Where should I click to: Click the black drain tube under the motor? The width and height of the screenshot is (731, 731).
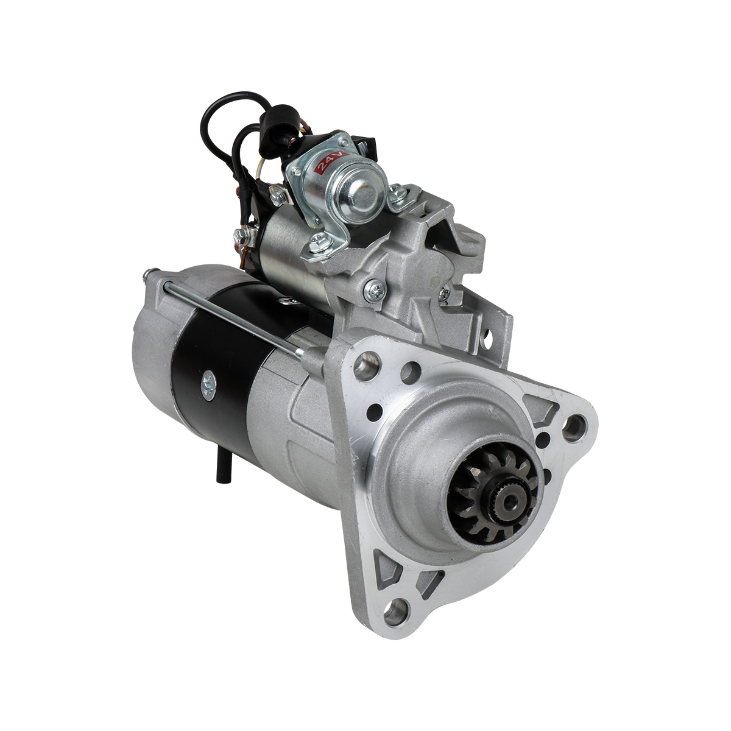click(221, 468)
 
